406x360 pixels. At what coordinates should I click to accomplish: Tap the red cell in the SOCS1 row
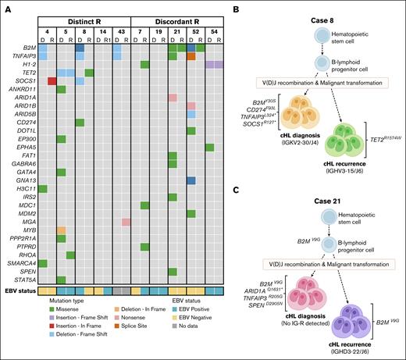coord(52,80)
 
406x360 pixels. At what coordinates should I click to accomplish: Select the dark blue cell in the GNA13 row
coord(191,180)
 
